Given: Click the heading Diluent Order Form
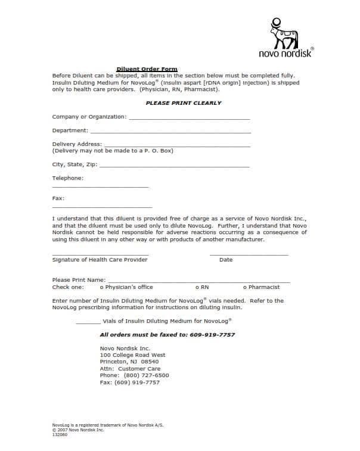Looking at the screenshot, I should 147,69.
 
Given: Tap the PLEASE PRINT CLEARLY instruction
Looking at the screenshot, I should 184,103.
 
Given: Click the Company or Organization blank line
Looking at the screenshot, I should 189,119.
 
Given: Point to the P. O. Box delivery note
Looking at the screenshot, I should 113,151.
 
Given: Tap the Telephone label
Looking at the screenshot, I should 68,178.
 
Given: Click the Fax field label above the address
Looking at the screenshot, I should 58,198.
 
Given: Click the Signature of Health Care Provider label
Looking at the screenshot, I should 100,260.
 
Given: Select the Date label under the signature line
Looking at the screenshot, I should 226,260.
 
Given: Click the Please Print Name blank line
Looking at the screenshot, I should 198,281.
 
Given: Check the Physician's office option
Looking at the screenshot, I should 102,287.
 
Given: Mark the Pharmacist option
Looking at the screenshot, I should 244,287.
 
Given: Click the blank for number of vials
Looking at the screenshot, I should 88,322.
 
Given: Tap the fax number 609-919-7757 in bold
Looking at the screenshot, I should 212,335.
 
